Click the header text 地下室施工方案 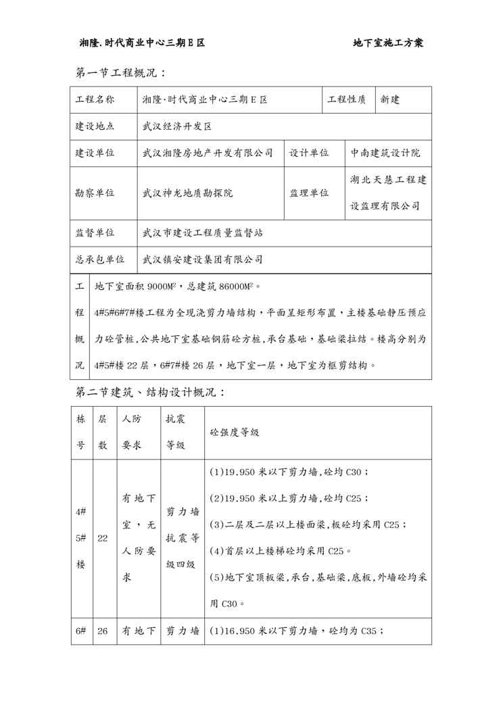coord(388,43)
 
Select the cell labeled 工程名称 coord(95,100)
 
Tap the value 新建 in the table coord(390,100)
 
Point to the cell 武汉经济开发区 coord(177,126)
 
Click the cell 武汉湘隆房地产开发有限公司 coord(208,153)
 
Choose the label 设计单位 coord(309,153)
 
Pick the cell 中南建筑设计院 coord(385,153)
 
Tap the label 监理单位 coord(309,193)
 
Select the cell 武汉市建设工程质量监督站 coord(203,232)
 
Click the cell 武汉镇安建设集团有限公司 coord(203,259)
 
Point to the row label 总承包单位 coord(99,259)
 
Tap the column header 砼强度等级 coord(235,432)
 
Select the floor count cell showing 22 coord(103,539)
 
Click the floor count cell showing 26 coord(103,631)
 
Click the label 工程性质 coord(347,100)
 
